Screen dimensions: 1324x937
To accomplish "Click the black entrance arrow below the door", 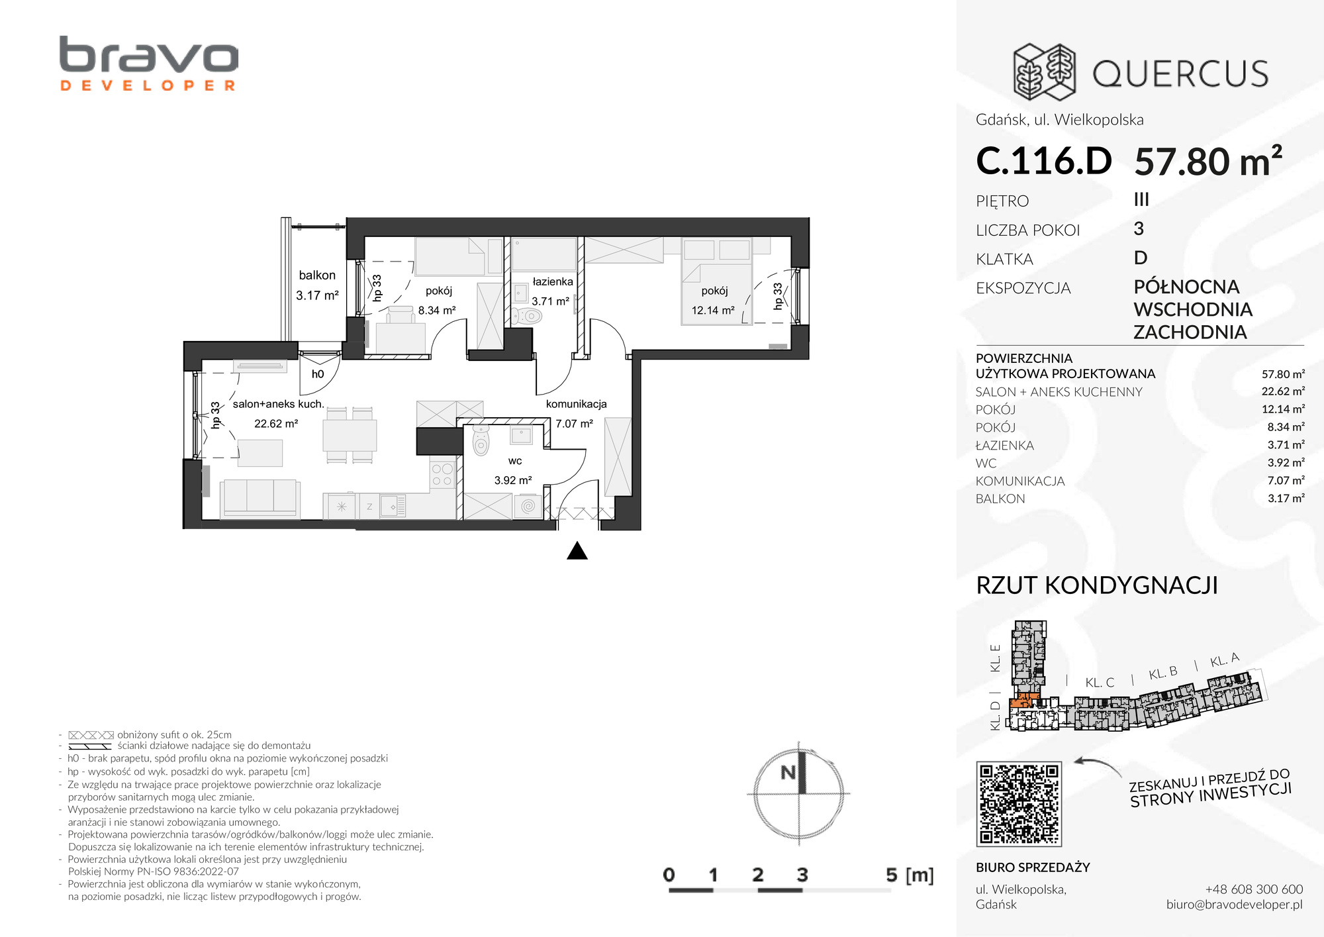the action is [577, 551].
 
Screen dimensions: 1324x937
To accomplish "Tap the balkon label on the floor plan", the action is [317, 275].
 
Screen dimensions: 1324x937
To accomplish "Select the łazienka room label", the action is [553, 281].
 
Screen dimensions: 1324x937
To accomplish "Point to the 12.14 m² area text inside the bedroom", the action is [713, 310].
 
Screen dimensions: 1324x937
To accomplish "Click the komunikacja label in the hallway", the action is [576, 404].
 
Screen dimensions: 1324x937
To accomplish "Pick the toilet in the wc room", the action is [481, 440].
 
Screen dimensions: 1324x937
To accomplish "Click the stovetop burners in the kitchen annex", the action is [442, 475].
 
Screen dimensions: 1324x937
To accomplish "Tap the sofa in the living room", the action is [260, 498].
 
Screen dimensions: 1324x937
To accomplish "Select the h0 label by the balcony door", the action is [318, 374].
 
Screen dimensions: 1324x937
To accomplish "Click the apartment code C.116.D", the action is [1044, 161].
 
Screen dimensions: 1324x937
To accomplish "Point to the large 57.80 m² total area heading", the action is [1208, 161].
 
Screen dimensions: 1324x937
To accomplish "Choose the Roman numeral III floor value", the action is [1141, 199].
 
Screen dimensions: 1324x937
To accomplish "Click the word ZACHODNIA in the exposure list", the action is [1190, 332].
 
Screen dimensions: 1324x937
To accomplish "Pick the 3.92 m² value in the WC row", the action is [1286, 462].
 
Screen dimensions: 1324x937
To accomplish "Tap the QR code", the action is [1019, 804].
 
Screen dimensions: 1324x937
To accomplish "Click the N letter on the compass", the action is [788, 772].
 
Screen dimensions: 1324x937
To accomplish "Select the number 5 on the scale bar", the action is [892, 875].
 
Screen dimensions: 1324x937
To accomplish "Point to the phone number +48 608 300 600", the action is [1254, 889].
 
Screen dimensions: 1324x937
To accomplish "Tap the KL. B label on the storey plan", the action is [1163, 673].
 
